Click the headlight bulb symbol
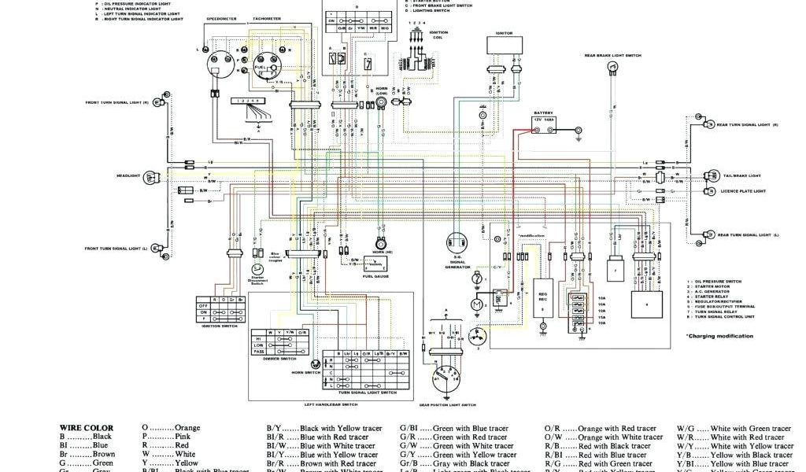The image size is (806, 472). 150,178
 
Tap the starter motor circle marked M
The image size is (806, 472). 476,304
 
